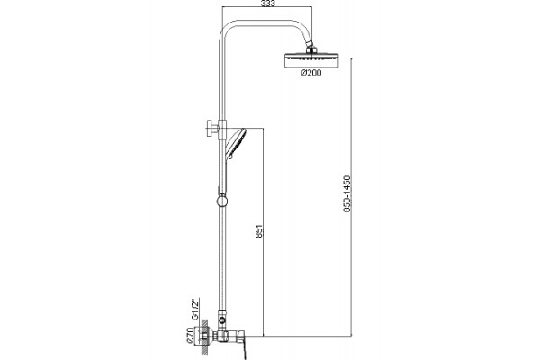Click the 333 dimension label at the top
268,4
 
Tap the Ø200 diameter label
310,73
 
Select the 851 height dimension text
259,231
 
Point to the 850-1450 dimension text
346,194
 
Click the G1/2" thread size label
195,309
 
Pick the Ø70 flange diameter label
189,335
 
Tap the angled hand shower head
236,142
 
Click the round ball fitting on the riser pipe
222,200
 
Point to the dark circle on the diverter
222,320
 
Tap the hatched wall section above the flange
205,324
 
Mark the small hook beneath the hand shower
230,157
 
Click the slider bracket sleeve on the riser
222,130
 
